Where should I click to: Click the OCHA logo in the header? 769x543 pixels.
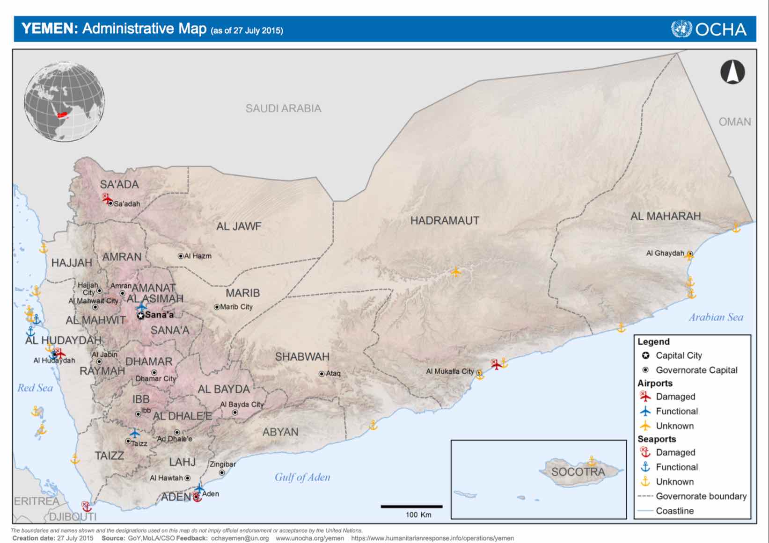[x=709, y=29]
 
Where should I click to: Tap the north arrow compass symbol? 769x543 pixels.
[x=732, y=72]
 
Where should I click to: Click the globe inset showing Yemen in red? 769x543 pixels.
[x=65, y=102]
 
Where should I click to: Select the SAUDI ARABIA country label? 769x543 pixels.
[x=283, y=109]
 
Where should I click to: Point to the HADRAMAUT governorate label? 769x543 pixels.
[x=445, y=220]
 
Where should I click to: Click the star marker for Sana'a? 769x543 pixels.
[x=140, y=316]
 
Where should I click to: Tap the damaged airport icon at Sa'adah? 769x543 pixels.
[x=107, y=198]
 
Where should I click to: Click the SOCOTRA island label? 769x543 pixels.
[x=578, y=471]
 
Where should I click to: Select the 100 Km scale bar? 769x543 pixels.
[x=411, y=507]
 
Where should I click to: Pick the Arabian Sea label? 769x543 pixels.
[x=715, y=317]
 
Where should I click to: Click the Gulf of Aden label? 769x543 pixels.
[x=302, y=477]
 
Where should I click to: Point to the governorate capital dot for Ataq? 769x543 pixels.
[x=322, y=374]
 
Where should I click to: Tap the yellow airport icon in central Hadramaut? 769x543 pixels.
[x=455, y=271]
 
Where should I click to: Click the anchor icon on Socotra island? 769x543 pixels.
[x=592, y=461]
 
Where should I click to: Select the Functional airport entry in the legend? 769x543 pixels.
[x=676, y=411]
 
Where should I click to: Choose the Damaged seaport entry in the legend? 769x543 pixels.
[x=675, y=452]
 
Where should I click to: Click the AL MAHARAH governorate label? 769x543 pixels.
[x=665, y=216]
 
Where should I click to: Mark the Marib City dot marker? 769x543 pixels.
[x=217, y=307]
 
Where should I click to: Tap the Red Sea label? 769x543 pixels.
[x=35, y=388]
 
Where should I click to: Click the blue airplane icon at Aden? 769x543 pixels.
[x=199, y=489]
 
